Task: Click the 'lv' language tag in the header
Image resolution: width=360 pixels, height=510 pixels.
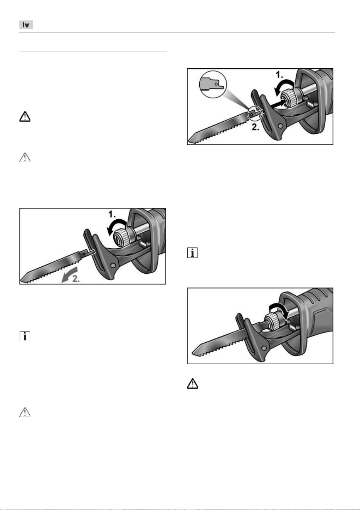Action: (26, 25)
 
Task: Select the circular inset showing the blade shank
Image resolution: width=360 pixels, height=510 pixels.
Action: (213, 84)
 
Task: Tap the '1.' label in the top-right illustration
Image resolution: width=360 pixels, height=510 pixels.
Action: (279, 75)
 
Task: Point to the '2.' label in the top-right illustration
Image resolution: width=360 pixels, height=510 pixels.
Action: (256, 127)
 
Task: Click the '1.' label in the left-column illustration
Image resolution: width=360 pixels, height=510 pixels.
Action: (111, 214)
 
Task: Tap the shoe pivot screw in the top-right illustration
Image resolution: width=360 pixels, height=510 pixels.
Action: (280, 126)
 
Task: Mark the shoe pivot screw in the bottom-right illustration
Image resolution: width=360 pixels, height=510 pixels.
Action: (264, 348)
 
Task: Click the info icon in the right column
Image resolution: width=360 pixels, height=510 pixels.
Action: (192, 252)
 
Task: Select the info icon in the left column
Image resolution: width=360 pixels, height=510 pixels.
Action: (25, 336)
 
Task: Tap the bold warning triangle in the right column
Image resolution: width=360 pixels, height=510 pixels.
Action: (192, 384)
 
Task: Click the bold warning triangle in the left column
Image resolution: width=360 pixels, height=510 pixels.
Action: (25, 116)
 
